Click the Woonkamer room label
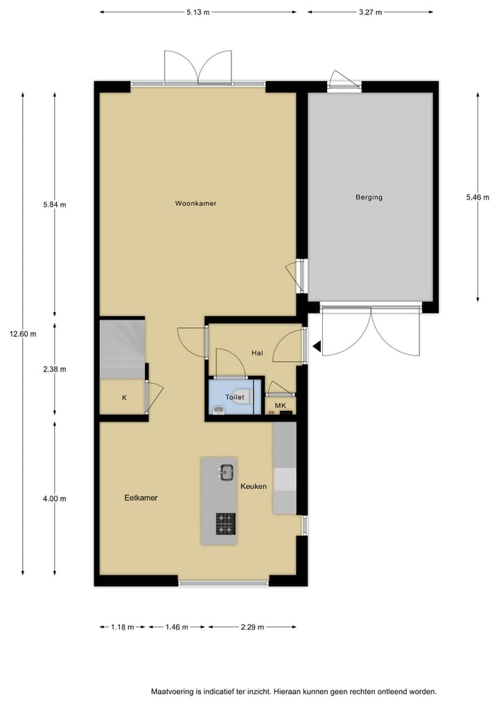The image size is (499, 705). click(x=195, y=204)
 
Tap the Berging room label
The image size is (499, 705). click(x=369, y=198)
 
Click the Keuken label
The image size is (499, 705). click(x=254, y=487)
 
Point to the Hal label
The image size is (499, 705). click(x=257, y=353)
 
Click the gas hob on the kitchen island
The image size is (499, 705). click(x=225, y=523)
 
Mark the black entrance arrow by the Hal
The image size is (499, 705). click(x=316, y=345)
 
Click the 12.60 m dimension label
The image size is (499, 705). click(x=23, y=333)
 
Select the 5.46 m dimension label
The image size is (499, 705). click(x=478, y=198)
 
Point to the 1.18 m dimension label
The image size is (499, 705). click(x=121, y=627)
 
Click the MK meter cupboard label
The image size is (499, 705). click(x=280, y=406)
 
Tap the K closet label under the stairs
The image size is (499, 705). click(x=124, y=398)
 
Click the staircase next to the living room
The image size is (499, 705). click(x=122, y=348)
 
